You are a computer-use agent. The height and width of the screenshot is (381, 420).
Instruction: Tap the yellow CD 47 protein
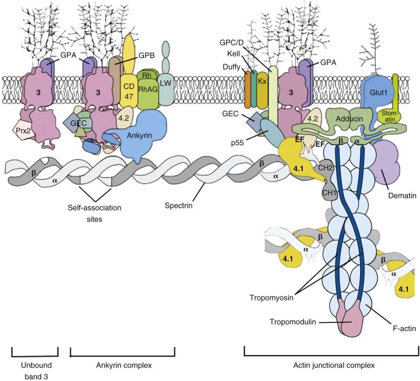click(x=128, y=88)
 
